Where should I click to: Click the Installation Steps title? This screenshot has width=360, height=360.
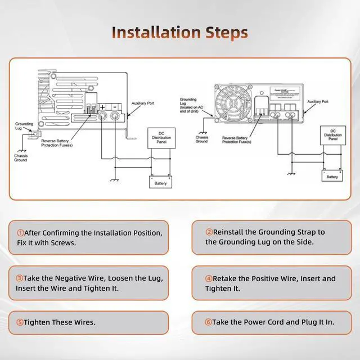tap(179, 31)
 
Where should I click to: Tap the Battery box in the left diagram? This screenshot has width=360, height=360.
tap(161, 183)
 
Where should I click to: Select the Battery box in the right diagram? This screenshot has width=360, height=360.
tap(332, 177)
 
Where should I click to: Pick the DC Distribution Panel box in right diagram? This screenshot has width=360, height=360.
tap(332, 135)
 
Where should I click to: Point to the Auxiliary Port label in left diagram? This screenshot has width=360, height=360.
tap(143, 104)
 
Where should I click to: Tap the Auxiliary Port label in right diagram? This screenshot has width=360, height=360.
tap(318, 102)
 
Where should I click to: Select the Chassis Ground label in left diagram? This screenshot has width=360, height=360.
tap(21, 157)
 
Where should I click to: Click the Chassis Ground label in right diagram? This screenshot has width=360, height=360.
tap(201, 139)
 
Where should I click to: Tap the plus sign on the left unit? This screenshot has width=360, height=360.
tap(102, 106)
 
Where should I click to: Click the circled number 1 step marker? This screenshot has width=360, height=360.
tap(20, 233)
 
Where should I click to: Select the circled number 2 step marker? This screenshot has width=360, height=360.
tap(209, 232)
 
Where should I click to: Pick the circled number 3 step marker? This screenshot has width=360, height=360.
tap(20, 278)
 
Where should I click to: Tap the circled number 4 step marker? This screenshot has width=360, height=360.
tap(209, 278)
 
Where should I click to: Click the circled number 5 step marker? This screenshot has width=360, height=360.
tap(20, 322)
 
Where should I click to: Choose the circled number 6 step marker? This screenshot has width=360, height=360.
tap(209, 322)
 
